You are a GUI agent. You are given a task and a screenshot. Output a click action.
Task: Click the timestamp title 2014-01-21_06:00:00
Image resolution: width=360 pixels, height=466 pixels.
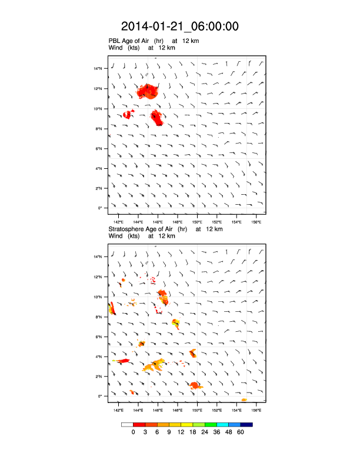pyautogui.click(x=180, y=26)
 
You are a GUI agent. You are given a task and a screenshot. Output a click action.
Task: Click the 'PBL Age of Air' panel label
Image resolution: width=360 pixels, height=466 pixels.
pyautogui.click(x=134, y=41)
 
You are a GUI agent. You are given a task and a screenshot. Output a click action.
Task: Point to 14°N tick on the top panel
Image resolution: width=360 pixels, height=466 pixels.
pyautogui.click(x=99, y=69)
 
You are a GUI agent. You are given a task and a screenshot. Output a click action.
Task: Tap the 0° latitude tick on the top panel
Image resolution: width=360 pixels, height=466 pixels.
pyautogui.click(x=101, y=208)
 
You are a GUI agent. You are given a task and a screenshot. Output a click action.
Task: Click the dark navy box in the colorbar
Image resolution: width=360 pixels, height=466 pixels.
pyautogui.click(x=247, y=424)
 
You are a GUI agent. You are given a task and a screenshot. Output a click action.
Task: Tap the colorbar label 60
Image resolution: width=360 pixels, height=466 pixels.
pyautogui.click(x=241, y=432)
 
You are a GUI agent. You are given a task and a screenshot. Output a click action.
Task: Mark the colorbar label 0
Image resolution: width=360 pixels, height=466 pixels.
pyautogui.click(x=134, y=432)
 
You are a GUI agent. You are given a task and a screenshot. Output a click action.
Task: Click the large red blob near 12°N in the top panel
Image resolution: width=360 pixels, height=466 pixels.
pyautogui.click(x=148, y=92)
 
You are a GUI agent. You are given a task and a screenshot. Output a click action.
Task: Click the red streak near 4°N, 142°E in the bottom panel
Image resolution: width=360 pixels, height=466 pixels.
pyautogui.click(x=122, y=361)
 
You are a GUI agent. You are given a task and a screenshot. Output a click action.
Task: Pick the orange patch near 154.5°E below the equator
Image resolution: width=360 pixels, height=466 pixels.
pyautogui.click(x=244, y=400)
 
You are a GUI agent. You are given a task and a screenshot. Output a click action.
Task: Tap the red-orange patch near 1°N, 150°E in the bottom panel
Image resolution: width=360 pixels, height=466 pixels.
pyautogui.click(x=195, y=385)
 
